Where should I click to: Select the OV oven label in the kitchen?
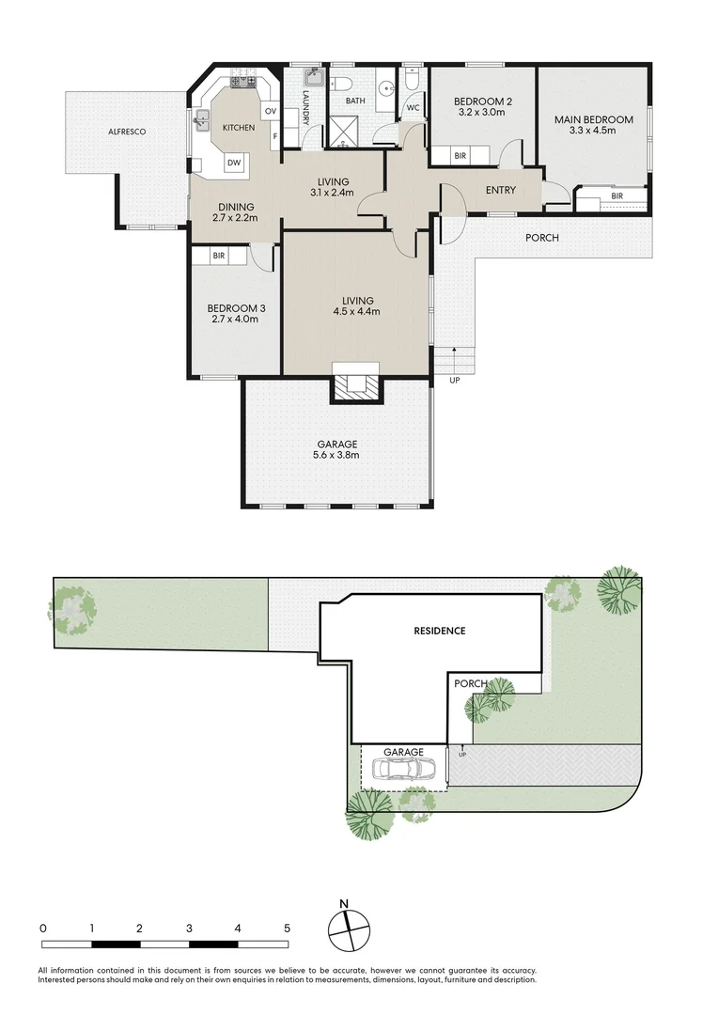pyautogui.click(x=271, y=112)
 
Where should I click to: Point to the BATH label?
pyautogui.click(x=355, y=100)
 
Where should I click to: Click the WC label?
pyautogui.click(x=412, y=107)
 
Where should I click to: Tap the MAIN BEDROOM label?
pyautogui.click(x=593, y=119)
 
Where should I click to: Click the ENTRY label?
pyautogui.click(x=501, y=191)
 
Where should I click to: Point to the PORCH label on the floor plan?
pyautogui.click(x=542, y=238)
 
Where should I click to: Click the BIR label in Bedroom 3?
pyautogui.click(x=218, y=255)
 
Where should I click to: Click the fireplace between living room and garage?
pyautogui.click(x=355, y=384)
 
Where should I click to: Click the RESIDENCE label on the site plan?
pyautogui.click(x=440, y=631)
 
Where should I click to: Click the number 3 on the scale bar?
pyautogui.click(x=189, y=928)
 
